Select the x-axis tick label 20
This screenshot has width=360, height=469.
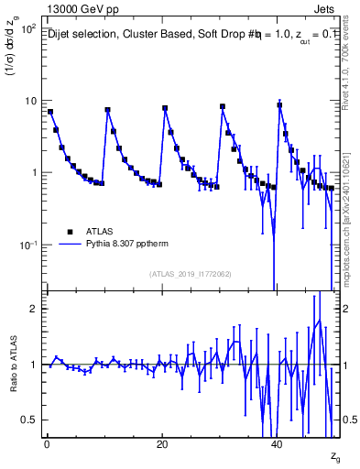click(162, 443)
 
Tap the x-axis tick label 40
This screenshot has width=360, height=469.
click(278, 443)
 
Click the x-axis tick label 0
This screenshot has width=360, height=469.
click(47, 443)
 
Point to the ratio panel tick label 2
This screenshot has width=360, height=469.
click(33, 309)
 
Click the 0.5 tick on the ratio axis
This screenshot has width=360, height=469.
click(29, 420)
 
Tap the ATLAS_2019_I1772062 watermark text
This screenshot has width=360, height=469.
click(191, 274)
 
